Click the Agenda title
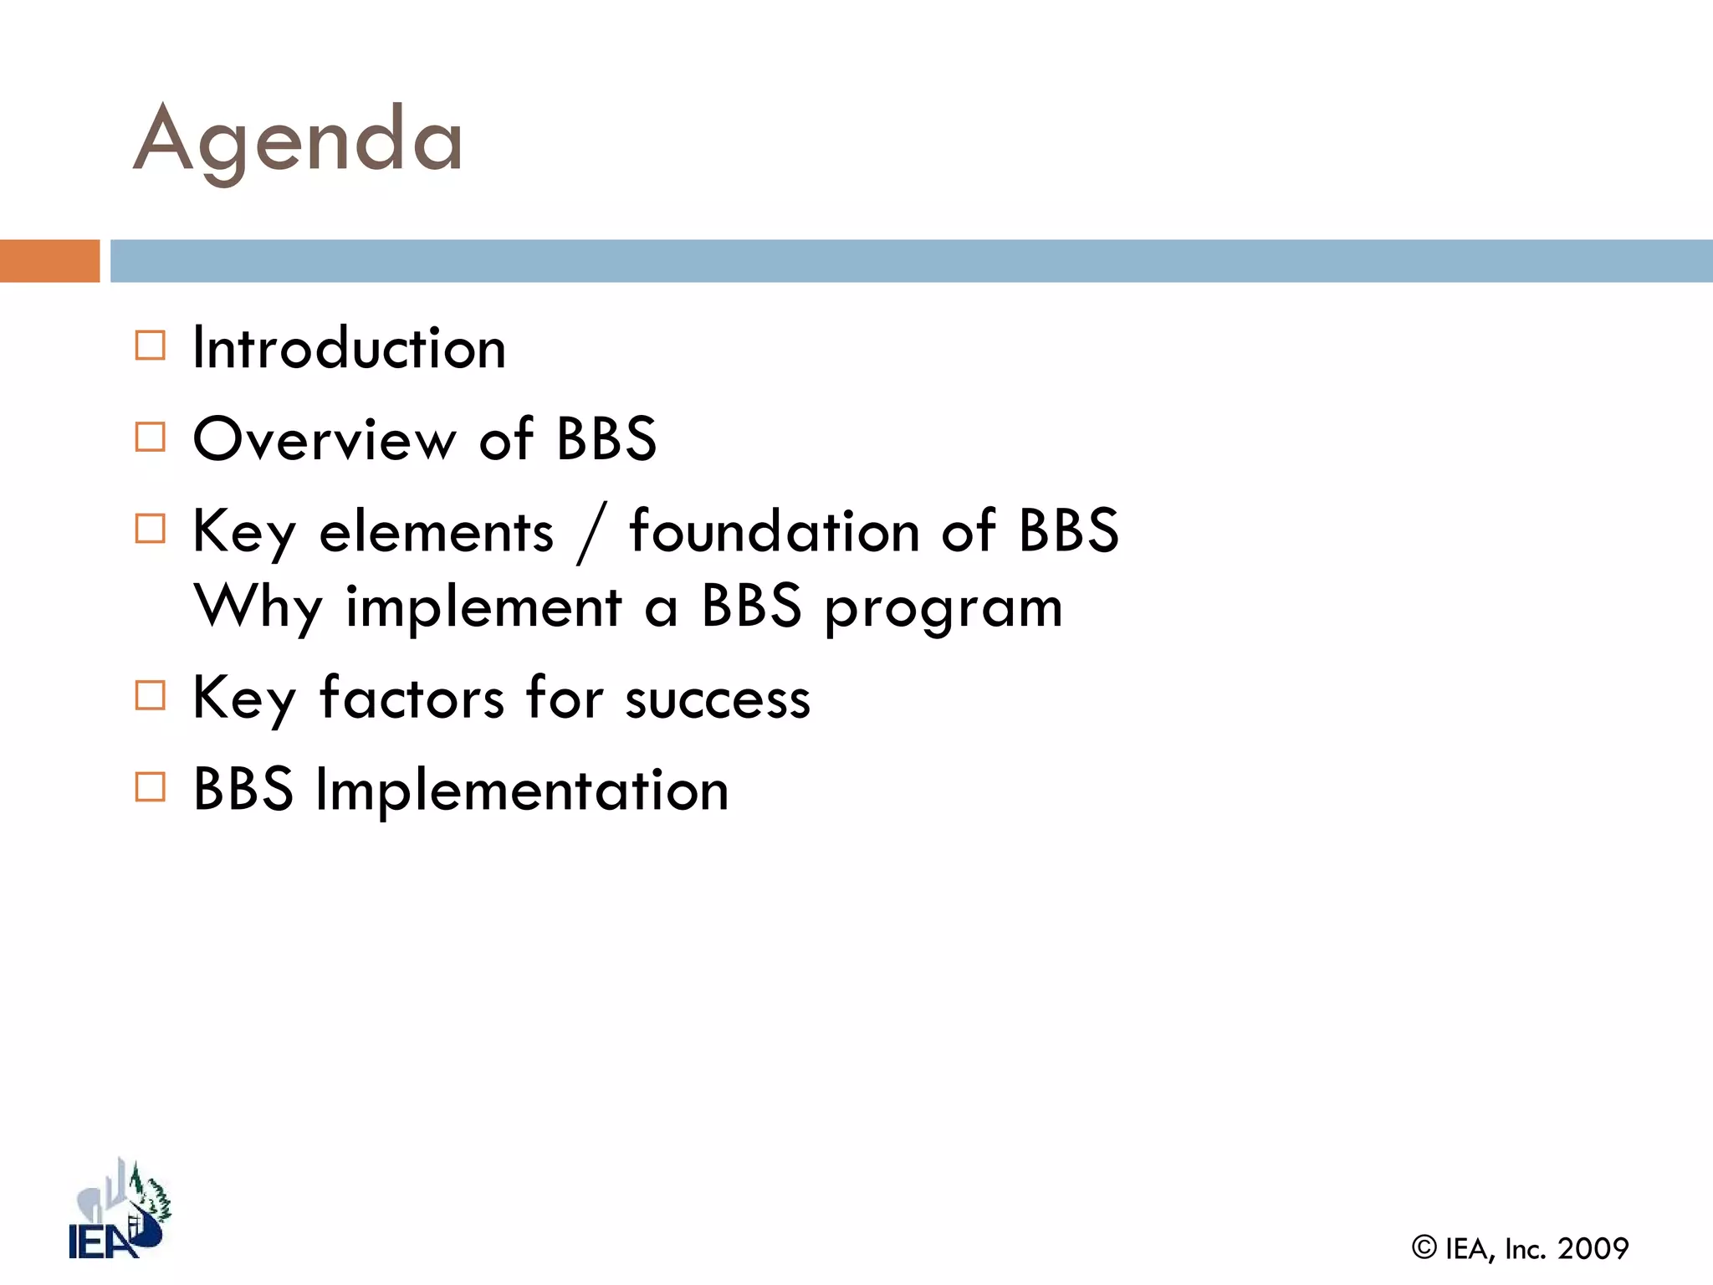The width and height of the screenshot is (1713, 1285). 298,141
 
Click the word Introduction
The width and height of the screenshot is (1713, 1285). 349,348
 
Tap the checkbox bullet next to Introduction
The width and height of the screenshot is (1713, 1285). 151,346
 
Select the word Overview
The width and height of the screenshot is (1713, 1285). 325,439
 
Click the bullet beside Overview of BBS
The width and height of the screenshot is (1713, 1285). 151,437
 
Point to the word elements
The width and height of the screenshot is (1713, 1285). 436,532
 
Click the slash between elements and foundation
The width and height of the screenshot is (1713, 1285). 591,534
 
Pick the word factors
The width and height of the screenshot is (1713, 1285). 412,698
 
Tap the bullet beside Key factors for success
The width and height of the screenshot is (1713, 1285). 151,695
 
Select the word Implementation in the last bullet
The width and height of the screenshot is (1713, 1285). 522,790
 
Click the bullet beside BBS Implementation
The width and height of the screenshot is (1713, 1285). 151,787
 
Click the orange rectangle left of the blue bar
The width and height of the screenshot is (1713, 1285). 49,261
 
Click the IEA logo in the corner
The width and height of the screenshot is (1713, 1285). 119,1211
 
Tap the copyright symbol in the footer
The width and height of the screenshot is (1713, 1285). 1424,1247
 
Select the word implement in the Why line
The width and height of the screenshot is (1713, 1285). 483,608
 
